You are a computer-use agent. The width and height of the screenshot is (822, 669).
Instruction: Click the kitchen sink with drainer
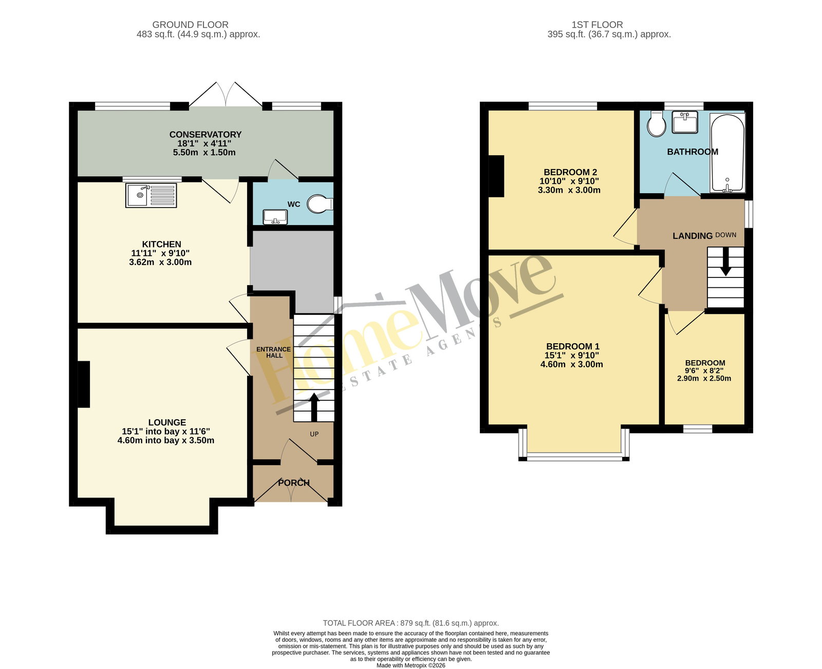[x=151, y=195]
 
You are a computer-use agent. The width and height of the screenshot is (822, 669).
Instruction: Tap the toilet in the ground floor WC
[x=320, y=203]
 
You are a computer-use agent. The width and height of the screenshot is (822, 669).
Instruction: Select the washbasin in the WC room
[x=275, y=216]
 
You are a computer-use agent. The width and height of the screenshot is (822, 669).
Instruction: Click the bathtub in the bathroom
[x=727, y=153]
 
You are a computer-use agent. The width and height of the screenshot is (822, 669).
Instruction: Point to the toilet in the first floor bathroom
[x=656, y=123]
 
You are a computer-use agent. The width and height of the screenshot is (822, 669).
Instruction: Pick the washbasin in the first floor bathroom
[x=685, y=122]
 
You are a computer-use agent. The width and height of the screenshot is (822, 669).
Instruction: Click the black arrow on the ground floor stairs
[x=314, y=407]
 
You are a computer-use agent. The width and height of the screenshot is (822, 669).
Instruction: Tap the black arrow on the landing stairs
[x=725, y=262]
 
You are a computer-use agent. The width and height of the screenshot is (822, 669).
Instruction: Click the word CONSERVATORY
[x=206, y=134]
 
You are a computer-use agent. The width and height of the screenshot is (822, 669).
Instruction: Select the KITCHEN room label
[x=161, y=244]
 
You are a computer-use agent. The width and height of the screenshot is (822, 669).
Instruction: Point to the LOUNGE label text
[x=167, y=422]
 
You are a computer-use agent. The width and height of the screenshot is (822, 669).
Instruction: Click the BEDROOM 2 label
[x=570, y=172]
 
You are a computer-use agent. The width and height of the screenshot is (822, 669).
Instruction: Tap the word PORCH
[x=294, y=482]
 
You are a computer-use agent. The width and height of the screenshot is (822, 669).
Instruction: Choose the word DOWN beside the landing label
[x=725, y=235]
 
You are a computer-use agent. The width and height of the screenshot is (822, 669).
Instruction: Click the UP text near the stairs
[x=314, y=434]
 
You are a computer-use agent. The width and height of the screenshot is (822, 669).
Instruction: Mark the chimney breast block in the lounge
[x=84, y=384]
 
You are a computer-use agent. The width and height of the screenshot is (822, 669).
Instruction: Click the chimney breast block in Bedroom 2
[x=496, y=176]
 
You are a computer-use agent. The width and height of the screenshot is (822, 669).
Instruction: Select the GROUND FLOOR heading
[x=190, y=25]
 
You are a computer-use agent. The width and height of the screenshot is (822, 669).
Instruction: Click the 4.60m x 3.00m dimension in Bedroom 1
[x=571, y=364]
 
